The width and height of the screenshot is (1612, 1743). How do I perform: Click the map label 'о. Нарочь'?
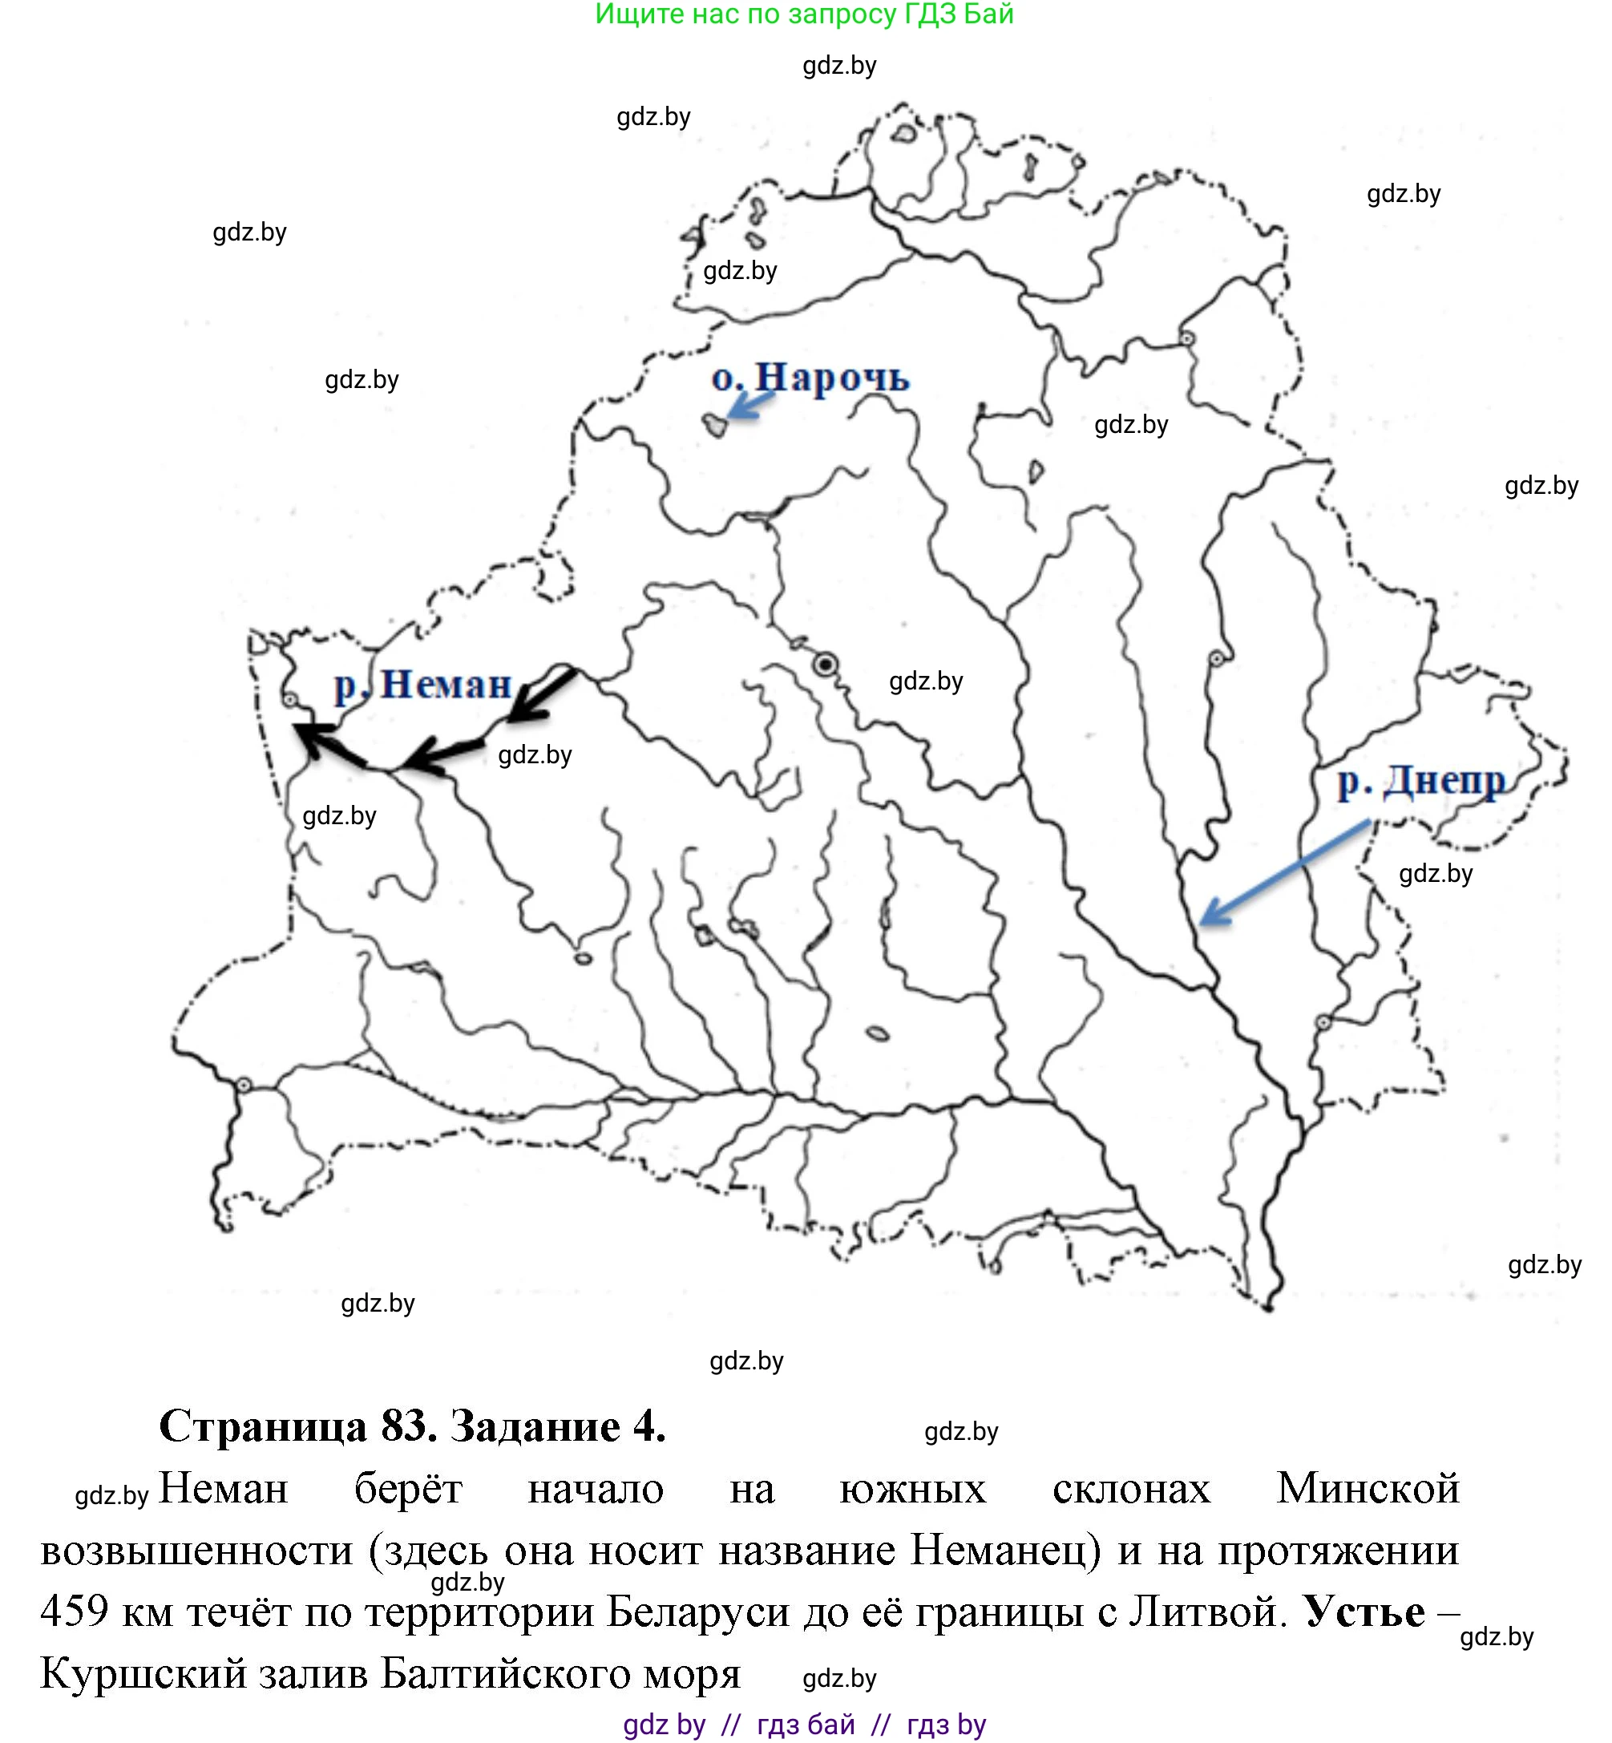tap(810, 378)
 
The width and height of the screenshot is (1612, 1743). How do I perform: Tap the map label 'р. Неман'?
tap(423, 685)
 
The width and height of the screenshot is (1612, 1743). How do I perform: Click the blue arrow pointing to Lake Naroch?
tap(750, 405)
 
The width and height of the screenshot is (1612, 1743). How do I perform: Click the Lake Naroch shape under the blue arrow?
tap(715, 426)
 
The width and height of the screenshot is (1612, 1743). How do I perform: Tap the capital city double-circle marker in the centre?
tap(825, 665)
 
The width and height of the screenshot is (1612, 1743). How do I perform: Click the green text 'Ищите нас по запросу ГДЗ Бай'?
tap(803, 14)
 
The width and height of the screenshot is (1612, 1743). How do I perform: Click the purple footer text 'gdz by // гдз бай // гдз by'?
tap(804, 1725)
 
